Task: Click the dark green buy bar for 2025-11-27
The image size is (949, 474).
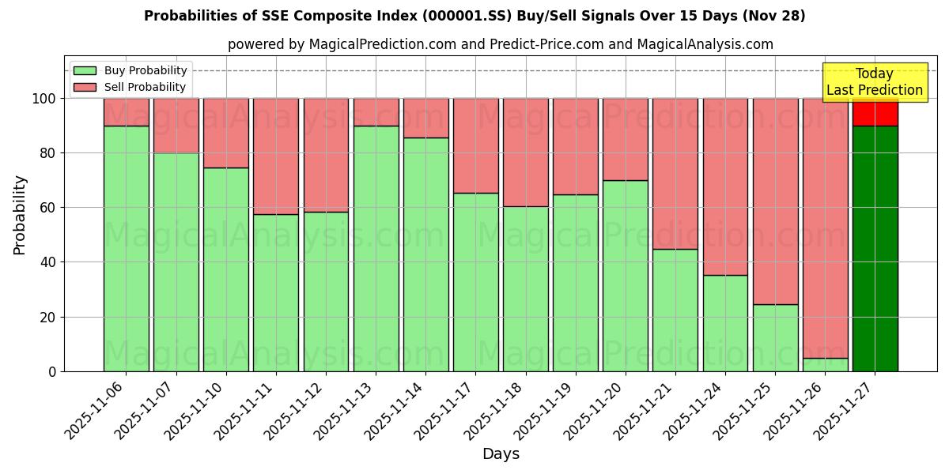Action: (x=875, y=248)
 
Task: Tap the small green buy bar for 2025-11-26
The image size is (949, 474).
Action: (x=825, y=364)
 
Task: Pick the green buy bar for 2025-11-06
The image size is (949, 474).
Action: (x=126, y=248)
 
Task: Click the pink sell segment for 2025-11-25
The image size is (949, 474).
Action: (x=775, y=201)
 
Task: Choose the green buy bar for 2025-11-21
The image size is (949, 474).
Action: (x=675, y=310)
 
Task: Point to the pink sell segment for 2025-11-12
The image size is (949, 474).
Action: (x=326, y=155)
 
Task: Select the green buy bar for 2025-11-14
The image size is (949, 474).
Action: (x=425, y=254)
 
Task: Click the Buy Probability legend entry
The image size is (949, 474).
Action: (x=130, y=70)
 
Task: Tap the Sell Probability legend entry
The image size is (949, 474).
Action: (x=130, y=87)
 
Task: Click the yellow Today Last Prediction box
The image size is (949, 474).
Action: (x=875, y=82)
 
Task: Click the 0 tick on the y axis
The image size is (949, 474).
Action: (x=52, y=371)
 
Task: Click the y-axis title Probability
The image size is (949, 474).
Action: (x=20, y=215)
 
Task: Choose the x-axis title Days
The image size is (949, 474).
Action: (x=501, y=454)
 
